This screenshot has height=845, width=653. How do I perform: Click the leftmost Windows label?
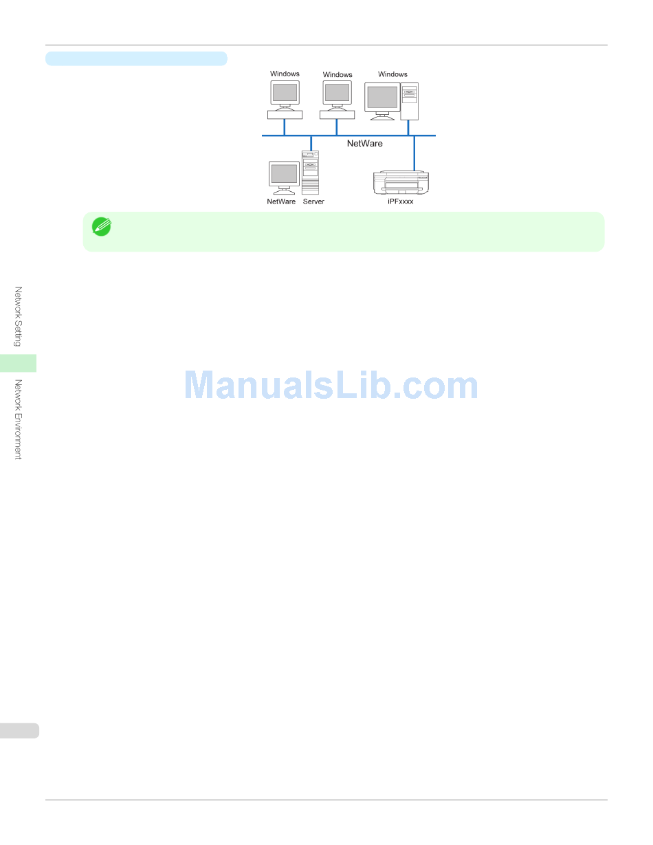click(285, 74)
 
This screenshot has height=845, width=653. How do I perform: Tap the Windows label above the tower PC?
click(392, 74)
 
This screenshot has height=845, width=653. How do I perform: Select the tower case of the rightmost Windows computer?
click(410, 101)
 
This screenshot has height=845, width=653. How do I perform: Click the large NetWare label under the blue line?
click(364, 144)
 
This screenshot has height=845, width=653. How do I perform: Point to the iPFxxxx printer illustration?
click(401, 182)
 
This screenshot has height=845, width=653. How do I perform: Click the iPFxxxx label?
click(401, 201)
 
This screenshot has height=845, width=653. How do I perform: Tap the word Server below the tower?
click(313, 201)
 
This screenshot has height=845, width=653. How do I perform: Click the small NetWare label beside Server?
click(281, 201)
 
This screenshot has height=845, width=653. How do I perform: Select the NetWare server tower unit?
click(311, 172)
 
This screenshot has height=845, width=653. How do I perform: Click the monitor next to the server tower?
click(284, 174)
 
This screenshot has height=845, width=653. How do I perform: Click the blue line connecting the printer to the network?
click(414, 153)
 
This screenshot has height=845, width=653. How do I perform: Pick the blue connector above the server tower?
click(311, 142)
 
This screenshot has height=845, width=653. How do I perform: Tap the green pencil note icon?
click(102, 226)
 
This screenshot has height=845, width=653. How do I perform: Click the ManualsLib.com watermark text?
click(331, 386)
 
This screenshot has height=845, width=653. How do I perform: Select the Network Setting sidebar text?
click(19, 316)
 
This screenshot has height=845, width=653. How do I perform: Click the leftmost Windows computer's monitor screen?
click(285, 92)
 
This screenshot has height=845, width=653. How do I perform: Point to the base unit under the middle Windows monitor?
click(337, 114)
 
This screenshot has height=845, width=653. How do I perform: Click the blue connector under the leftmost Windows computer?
click(284, 127)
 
